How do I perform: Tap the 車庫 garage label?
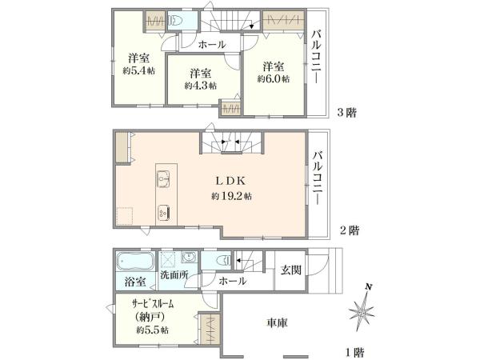point(278,322)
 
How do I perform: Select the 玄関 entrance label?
point(291,270)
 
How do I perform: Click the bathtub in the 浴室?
point(134,262)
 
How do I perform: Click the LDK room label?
point(231,181)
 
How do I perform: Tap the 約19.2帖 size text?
point(231,196)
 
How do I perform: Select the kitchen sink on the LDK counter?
point(163,179)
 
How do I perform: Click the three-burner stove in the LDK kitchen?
point(163,212)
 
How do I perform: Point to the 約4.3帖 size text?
point(201,86)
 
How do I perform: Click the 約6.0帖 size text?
point(273,78)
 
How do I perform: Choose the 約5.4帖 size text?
point(138,71)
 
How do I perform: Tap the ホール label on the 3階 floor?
point(211,45)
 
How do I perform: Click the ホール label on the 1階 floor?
point(233,281)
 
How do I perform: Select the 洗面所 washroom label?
point(174,275)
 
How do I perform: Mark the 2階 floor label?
point(350,230)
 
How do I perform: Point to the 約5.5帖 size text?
point(152,330)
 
